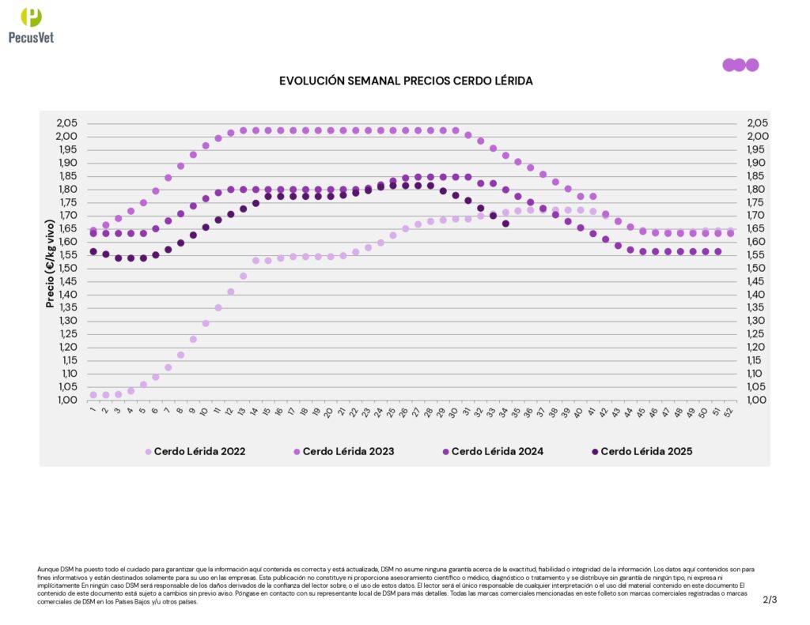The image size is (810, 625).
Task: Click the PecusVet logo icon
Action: tap(31, 17)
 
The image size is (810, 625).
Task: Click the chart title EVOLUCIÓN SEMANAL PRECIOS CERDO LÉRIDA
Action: tap(406, 81)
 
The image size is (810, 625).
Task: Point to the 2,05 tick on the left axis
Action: tap(66, 123)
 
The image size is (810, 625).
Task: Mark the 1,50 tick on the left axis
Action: tap(66, 268)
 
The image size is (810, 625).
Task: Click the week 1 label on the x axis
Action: tap(93, 410)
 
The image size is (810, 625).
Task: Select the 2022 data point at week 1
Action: tap(93, 394)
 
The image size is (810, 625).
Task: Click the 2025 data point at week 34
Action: tap(505, 224)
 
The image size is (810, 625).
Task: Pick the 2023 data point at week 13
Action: tap(244, 130)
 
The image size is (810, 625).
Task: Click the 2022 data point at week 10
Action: tap(206, 323)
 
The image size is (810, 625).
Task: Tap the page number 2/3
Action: tap(770, 600)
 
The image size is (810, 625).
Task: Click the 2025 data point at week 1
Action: tap(93, 251)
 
